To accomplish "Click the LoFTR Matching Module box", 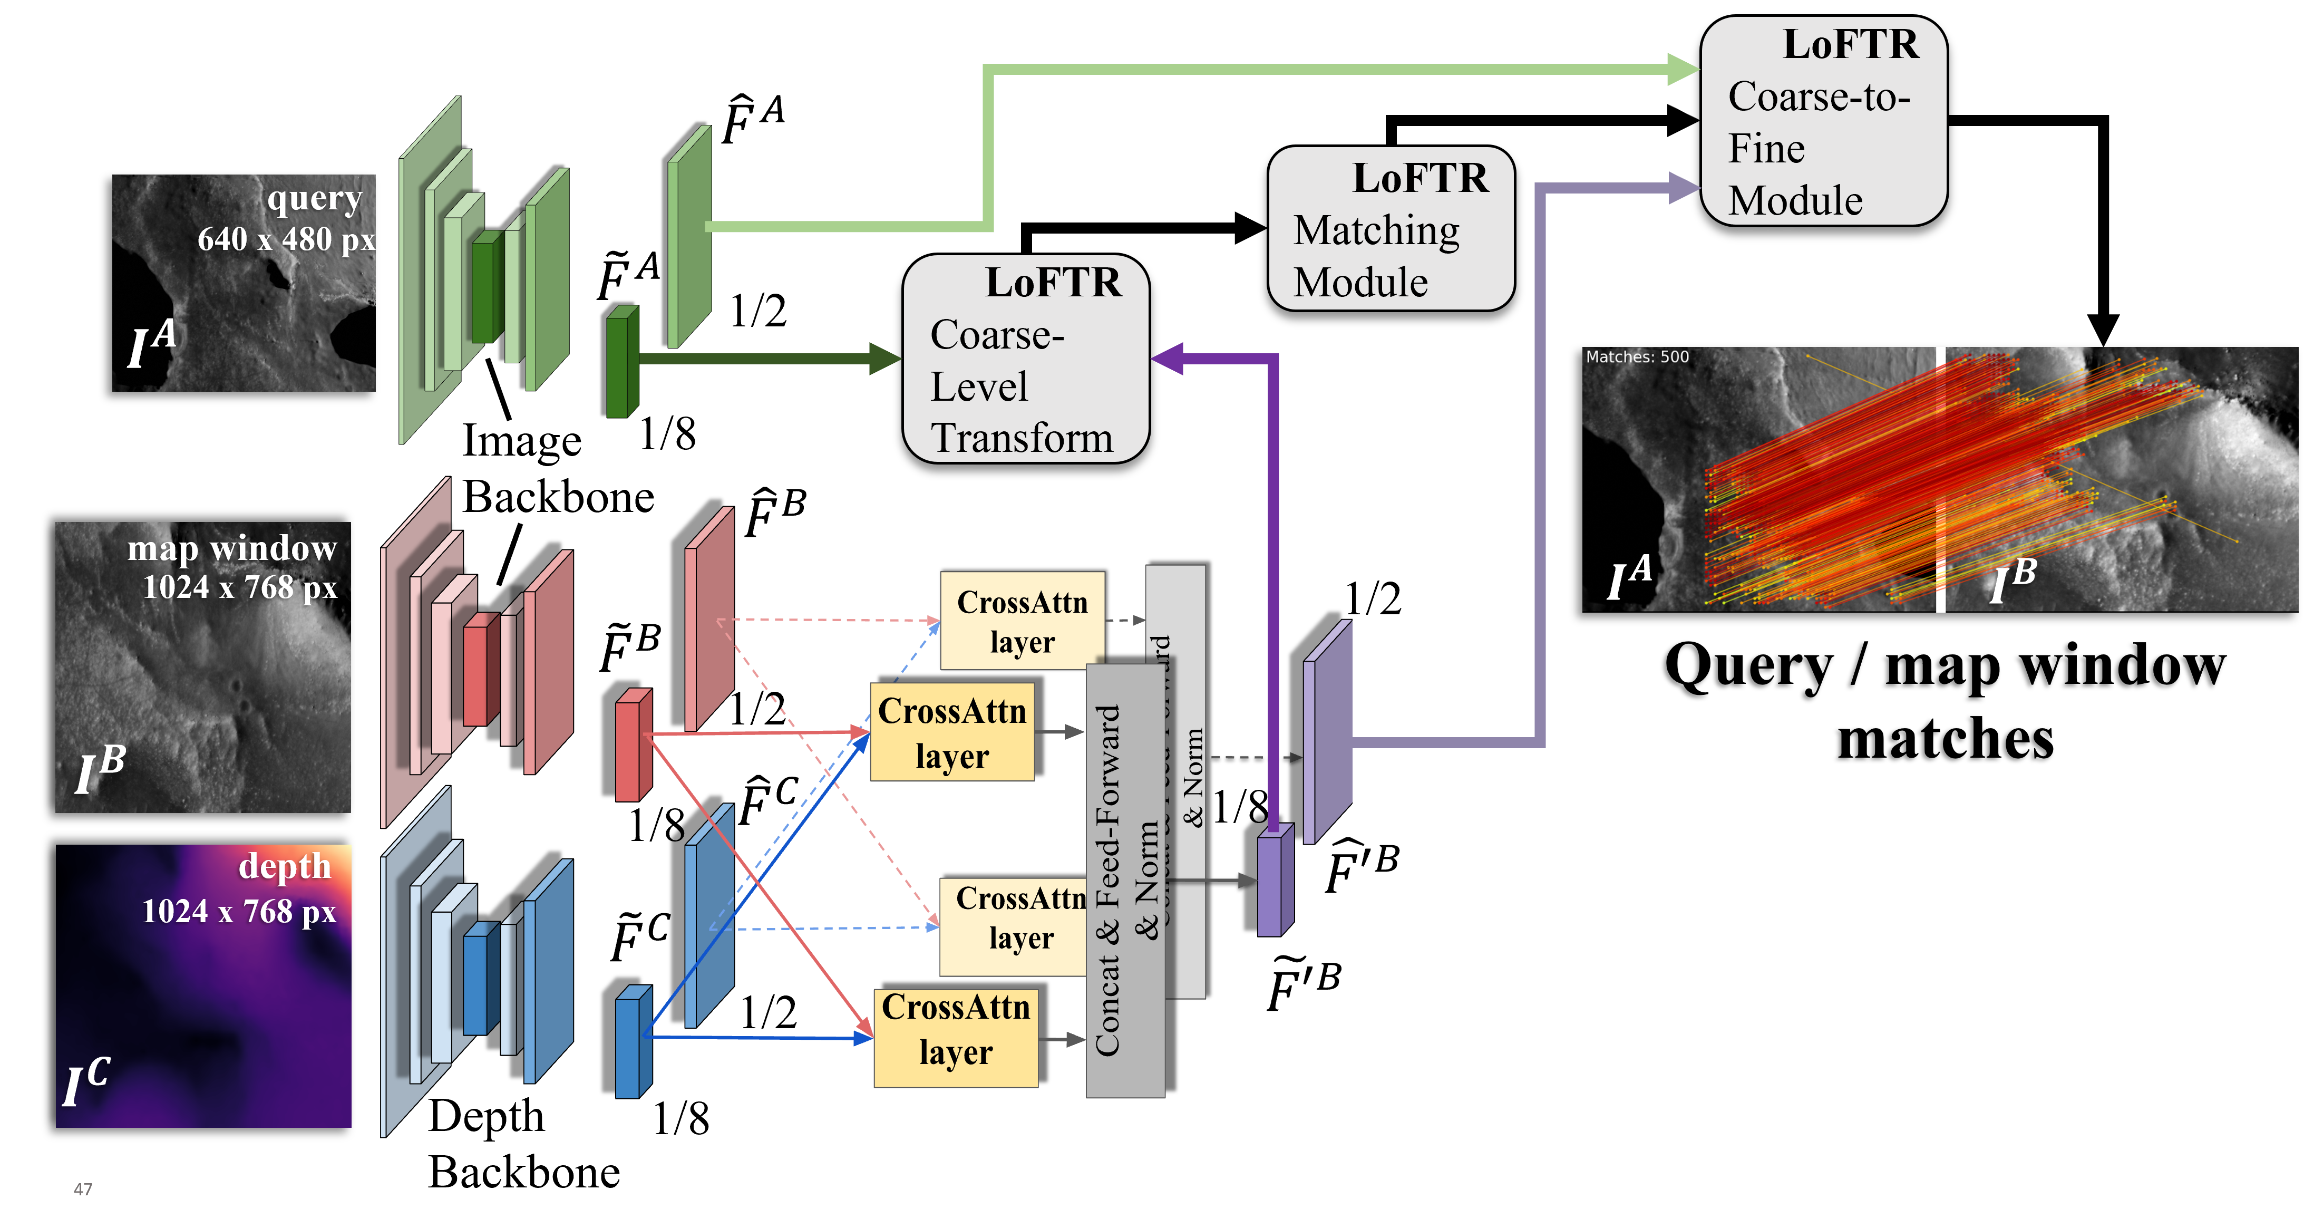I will pyautogui.click(x=1391, y=229).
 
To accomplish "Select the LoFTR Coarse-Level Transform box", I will pyautogui.click(x=1025, y=359).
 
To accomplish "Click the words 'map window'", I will pyautogui.click(x=231, y=547).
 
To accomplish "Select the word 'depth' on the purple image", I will pyautogui.click(x=285, y=866).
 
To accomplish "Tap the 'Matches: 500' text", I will pyautogui.click(x=1637, y=357).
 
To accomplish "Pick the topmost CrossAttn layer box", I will pyautogui.click(x=1022, y=621).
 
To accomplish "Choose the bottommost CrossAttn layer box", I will pyautogui.click(x=955, y=1038).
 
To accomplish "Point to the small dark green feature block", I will pyautogui.click(x=621, y=362).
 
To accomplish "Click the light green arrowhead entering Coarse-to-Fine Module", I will pyautogui.click(x=1681, y=70).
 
